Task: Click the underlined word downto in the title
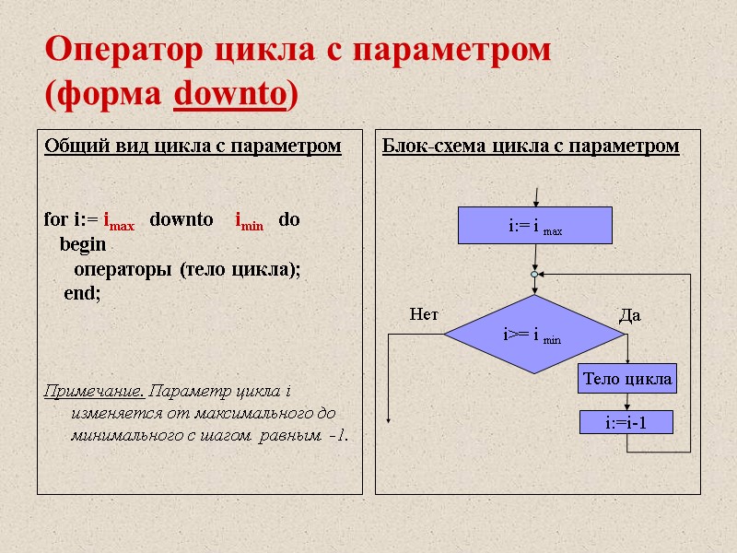[229, 94]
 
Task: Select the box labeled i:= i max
[535, 225]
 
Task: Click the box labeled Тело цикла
[626, 378]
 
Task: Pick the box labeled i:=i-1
[626, 423]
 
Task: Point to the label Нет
[424, 314]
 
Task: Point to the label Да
[630, 315]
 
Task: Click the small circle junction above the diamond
[534, 274]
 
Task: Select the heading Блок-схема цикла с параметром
[531, 146]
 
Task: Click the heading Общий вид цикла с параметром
[193, 146]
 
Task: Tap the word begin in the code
[83, 245]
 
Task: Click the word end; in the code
[82, 293]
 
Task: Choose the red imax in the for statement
[119, 222]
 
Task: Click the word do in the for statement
[289, 221]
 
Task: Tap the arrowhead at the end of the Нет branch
[389, 418]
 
